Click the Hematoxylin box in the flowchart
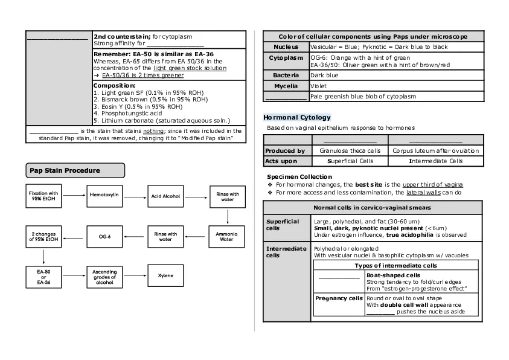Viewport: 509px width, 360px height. click(x=105, y=196)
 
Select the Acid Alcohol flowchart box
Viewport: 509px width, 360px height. click(x=165, y=196)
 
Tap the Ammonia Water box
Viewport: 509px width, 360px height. click(x=226, y=236)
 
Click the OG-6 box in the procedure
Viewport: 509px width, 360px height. click(x=105, y=236)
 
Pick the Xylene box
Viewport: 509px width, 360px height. click(x=165, y=276)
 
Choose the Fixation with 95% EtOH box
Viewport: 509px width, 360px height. click(x=44, y=196)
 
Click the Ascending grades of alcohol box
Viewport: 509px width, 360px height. click(x=105, y=277)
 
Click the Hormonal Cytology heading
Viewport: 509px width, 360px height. click(x=296, y=117)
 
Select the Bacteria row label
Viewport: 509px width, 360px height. click(x=286, y=76)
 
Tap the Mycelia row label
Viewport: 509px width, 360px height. click(x=286, y=86)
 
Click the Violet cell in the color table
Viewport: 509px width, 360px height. click(x=318, y=86)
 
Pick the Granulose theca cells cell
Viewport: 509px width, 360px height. click(x=350, y=150)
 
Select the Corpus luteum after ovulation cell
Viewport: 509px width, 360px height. click(x=435, y=150)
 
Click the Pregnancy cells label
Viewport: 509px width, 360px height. click(x=339, y=298)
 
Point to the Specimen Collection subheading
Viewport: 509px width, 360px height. click(x=299, y=177)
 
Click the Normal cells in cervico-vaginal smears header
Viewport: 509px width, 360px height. click(x=373, y=208)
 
